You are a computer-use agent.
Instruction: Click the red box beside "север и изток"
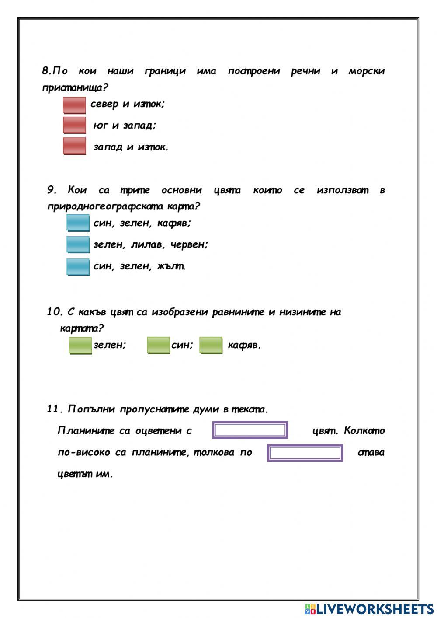tap(74, 105)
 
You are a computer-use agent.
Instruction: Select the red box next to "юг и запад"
tap(74, 125)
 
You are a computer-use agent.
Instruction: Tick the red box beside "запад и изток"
tap(74, 146)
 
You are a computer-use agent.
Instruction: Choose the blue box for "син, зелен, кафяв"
tap(78, 223)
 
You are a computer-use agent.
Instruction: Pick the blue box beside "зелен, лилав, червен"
tap(78, 244)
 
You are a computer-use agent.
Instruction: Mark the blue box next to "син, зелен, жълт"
tap(78, 266)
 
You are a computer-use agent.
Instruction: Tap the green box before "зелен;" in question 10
tap(80, 345)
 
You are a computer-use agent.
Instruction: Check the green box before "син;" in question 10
tap(158, 345)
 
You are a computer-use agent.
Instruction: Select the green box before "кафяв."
tap(211, 345)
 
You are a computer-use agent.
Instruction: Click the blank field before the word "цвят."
tap(250, 430)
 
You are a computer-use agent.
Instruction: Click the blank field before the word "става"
tap(305, 453)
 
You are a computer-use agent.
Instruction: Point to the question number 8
tap(46, 71)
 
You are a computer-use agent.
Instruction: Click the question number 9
tap(52, 190)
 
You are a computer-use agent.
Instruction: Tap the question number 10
tap(55, 312)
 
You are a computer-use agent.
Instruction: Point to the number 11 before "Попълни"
tap(55, 409)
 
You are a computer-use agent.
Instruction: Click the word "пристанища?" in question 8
tap(75, 87)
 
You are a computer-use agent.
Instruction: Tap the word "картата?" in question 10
tap(82, 328)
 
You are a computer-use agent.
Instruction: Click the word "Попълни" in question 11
tap(91, 409)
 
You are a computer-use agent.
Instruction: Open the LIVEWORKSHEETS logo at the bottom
tap(369, 608)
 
